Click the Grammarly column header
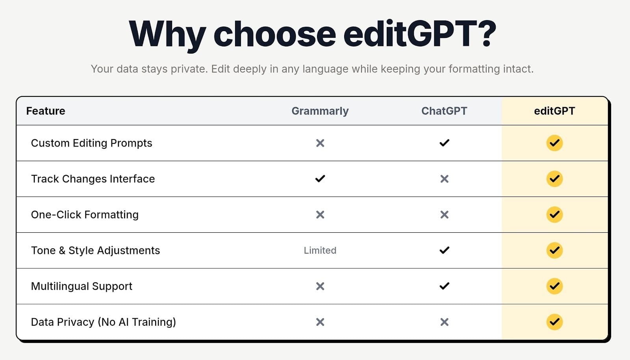click(320, 111)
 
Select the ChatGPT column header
click(444, 111)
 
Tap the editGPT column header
click(554, 111)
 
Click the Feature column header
click(46, 111)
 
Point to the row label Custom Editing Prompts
click(91, 143)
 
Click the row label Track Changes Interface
click(93, 179)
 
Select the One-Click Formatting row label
click(85, 215)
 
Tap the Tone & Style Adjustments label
click(95, 251)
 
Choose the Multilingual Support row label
click(82, 286)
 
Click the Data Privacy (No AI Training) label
click(103, 322)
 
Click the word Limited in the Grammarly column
click(320, 251)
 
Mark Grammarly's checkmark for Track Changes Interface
click(320, 178)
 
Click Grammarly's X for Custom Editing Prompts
click(320, 143)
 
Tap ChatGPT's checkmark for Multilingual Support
click(445, 286)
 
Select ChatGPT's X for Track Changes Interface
click(445, 179)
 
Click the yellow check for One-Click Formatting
click(555, 215)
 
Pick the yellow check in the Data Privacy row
click(555, 322)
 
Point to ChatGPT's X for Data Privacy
click(445, 322)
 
